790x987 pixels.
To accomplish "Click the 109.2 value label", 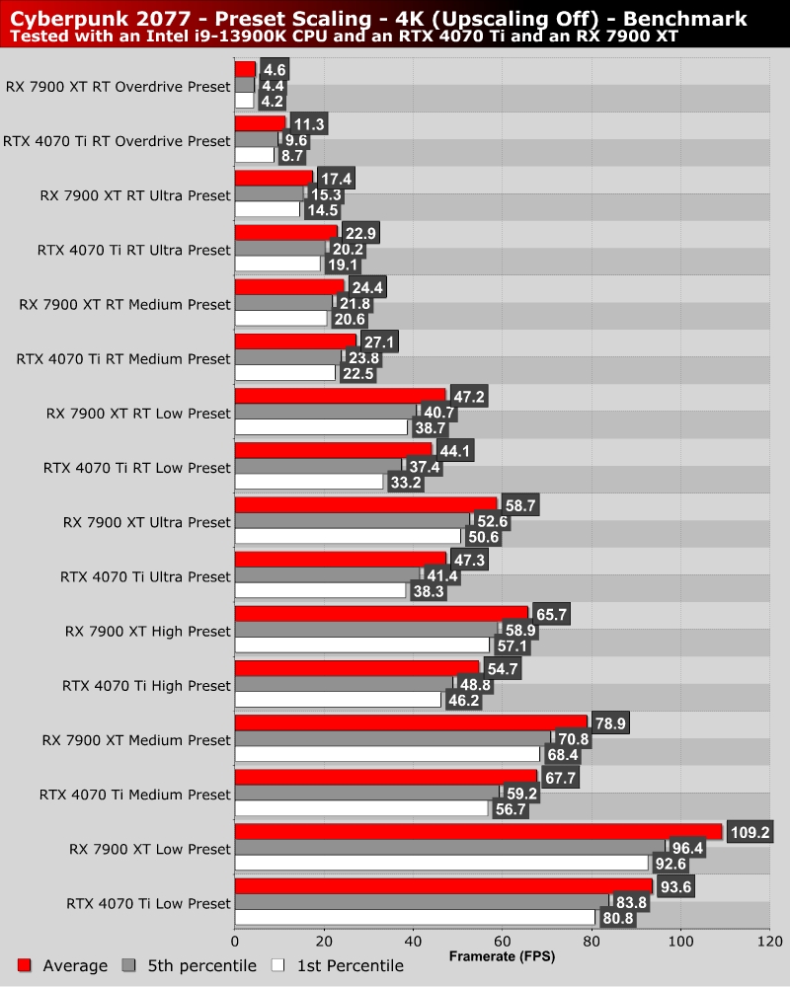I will click(x=749, y=833).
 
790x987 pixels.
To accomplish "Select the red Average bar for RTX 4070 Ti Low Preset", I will click(x=443, y=885).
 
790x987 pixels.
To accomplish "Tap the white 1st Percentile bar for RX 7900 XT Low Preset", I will click(x=441, y=863).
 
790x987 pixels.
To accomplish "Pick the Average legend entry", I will click(x=62, y=965).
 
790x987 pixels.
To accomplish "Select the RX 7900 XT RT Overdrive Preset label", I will click(x=118, y=86).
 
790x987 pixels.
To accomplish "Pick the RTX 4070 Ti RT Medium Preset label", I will click(x=123, y=358).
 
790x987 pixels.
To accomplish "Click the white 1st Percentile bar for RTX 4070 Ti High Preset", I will click(x=338, y=700).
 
